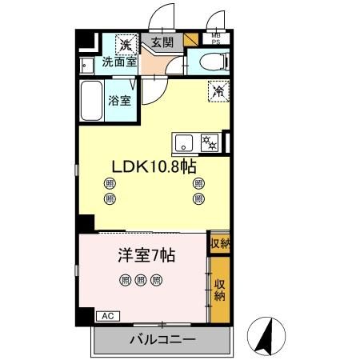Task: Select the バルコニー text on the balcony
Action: pyautogui.click(x=162, y=341)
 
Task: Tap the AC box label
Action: pyautogui.click(x=106, y=316)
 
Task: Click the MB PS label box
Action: pyautogui.click(x=216, y=40)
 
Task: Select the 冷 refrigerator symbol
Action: pyautogui.click(x=217, y=92)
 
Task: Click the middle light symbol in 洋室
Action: pyautogui.click(x=141, y=280)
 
